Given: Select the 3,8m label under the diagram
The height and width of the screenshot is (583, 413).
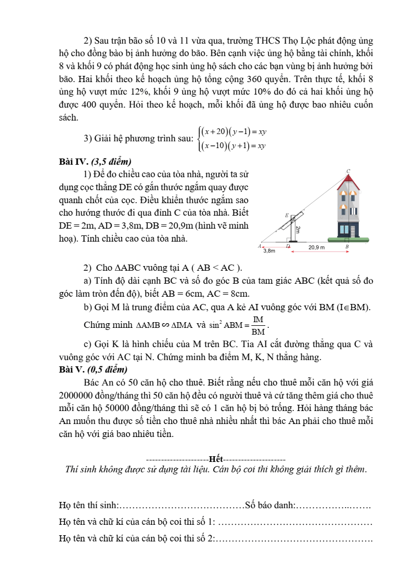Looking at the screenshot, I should [269, 251].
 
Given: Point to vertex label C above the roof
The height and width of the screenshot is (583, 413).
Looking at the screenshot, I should [348, 171].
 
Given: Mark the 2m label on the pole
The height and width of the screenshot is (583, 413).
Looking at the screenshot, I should [298, 229].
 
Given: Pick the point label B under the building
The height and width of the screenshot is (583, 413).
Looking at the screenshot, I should [347, 246].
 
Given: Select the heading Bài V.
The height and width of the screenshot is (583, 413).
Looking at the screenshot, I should [72, 369].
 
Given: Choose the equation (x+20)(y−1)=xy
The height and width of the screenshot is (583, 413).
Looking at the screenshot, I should [234, 131].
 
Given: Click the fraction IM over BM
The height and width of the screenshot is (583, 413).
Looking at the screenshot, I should [258, 325].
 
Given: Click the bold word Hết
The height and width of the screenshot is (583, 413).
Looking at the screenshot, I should [215, 459].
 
